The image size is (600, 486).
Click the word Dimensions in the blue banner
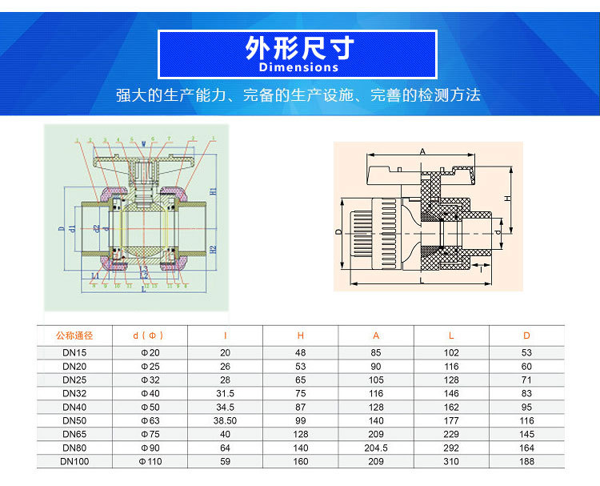299,67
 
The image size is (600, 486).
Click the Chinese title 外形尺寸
299,47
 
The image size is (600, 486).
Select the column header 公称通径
74,335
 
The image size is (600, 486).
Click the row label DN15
74,352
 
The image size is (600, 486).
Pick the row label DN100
74,461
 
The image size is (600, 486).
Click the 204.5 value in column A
376,448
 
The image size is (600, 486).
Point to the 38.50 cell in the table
225,420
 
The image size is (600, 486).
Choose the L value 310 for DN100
451,461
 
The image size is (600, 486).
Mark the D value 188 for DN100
526,461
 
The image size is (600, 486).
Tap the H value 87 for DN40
301,407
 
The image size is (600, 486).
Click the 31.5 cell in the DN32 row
225,393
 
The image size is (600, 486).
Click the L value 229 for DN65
451,434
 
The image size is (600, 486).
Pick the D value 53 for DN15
526,352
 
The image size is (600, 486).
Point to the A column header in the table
376,335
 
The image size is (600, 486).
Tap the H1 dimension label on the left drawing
214,191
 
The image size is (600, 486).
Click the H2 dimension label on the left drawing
214,249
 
